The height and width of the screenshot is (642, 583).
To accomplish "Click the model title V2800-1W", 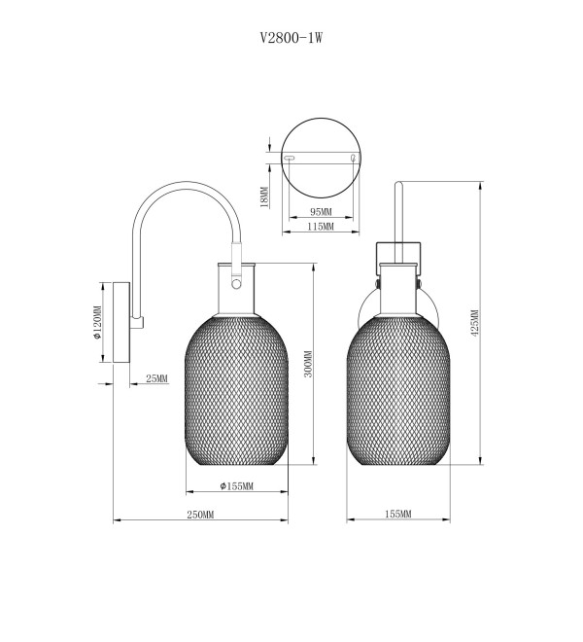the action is pyautogui.click(x=291, y=38).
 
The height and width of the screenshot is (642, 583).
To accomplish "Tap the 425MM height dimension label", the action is pyautogui.click(x=474, y=323).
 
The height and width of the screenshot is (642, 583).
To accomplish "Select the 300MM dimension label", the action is pyautogui.click(x=309, y=364).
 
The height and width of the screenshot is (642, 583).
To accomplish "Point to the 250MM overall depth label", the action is pyautogui.click(x=200, y=515).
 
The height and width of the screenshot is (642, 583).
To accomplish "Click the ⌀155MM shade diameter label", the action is pyautogui.click(x=236, y=486).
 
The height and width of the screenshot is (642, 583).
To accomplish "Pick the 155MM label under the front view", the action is pyautogui.click(x=398, y=514).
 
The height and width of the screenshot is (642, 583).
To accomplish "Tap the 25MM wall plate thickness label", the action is pyautogui.click(x=156, y=378).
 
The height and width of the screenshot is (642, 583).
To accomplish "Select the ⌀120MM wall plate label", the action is pyautogui.click(x=97, y=323).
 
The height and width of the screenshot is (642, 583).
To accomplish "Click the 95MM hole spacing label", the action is pyautogui.click(x=321, y=212).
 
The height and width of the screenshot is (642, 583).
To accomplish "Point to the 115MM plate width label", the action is pyautogui.click(x=321, y=226).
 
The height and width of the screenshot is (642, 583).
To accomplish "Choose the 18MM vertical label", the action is pyautogui.click(x=264, y=197).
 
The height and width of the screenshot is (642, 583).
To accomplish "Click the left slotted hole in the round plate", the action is pyautogui.click(x=290, y=158).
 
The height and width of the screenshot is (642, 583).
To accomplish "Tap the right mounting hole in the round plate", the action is pyautogui.click(x=354, y=158).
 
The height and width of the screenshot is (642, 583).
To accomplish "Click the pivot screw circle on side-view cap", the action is pyautogui.click(x=236, y=284).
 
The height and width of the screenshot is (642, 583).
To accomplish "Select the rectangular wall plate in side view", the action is pyautogui.click(x=121, y=322).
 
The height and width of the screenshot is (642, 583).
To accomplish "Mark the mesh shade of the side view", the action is pyautogui.click(x=236, y=391).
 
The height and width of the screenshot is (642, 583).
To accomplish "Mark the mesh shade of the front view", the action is pyautogui.click(x=398, y=391).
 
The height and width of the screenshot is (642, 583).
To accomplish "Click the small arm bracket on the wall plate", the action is pyautogui.click(x=137, y=322).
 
